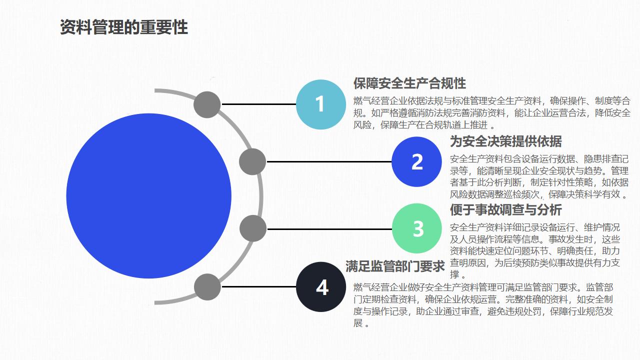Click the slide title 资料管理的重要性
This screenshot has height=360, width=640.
click(x=123, y=27)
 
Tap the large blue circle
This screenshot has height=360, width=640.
click(x=148, y=196)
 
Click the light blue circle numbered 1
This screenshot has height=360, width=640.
click(x=321, y=104)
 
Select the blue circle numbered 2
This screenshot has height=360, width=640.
click(x=416, y=161)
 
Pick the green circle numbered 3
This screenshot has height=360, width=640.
click(x=417, y=228)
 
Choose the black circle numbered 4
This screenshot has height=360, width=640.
click(x=321, y=287)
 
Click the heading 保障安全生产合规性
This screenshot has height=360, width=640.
click(x=409, y=83)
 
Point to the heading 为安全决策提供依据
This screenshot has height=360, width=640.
click(x=505, y=141)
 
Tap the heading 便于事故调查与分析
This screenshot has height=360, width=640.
click(x=505, y=209)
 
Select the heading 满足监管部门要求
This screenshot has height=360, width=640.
click(x=395, y=266)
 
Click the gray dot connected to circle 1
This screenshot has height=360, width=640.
click(x=207, y=104)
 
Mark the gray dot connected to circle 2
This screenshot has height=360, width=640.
click(x=252, y=161)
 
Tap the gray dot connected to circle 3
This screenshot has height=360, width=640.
click(x=253, y=228)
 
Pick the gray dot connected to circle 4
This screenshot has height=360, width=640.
click(x=207, y=287)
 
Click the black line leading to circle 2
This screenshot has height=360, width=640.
click(x=329, y=161)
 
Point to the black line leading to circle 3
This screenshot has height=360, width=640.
click(x=329, y=229)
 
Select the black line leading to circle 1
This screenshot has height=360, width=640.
click(x=259, y=104)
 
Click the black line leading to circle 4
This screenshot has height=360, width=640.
click(x=259, y=286)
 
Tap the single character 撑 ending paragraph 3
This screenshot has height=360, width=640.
click(x=454, y=274)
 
